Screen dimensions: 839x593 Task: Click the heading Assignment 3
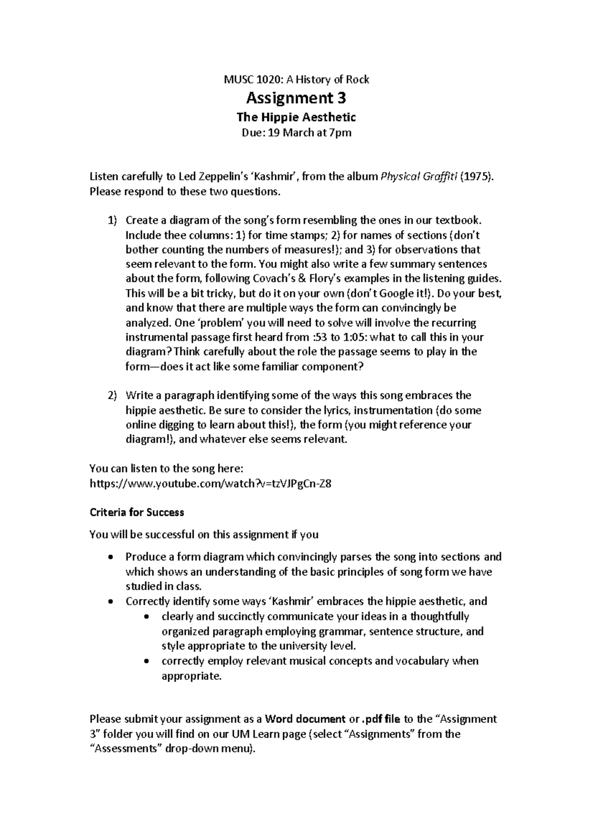pyautogui.click(x=296, y=98)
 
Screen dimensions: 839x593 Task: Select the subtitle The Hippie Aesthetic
pyautogui.click(x=296, y=117)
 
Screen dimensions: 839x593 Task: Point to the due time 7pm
pyautogui.click(x=340, y=132)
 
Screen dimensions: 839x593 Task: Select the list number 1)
pyautogui.click(x=112, y=220)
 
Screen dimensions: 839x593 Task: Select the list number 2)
pyautogui.click(x=112, y=395)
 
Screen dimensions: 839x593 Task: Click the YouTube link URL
pyautogui.click(x=210, y=484)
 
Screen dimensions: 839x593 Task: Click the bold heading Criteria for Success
pyautogui.click(x=136, y=512)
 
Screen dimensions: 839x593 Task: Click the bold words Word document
pyautogui.click(x=305, y=719)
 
